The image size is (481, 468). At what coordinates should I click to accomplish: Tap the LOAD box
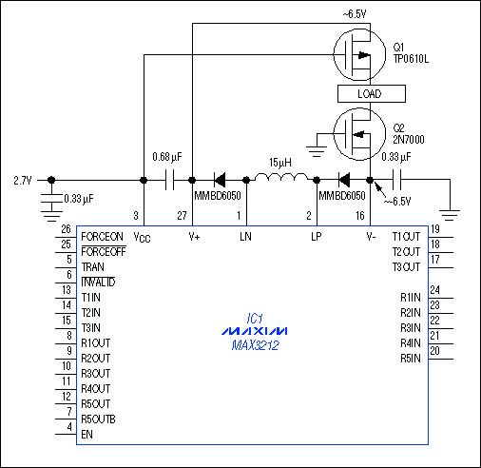pyautogui.click(x=371, y=94)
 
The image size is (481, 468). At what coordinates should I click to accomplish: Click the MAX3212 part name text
pyautogui.click(x=240, y=346)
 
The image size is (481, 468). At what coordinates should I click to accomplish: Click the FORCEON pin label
pyautogui.click(x=103, y=237)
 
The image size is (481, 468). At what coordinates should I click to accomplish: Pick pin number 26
pyautogui.click(x=66, y=230)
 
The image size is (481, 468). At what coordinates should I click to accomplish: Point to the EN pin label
pyautogui.click(x=88, y=435)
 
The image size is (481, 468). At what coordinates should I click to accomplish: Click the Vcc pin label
pyautogui.click(x=144, y=236)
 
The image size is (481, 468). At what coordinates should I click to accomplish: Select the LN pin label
pyautogui.click(x=246, y=236)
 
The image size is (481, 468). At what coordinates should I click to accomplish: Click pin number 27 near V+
pyautogui.click(x=182, y=216)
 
